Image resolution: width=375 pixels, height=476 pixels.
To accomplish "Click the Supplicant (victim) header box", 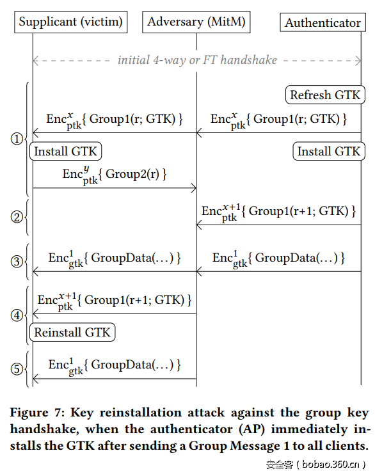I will coord(70,22).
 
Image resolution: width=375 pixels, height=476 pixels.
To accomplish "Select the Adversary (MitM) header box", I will coord(195,22).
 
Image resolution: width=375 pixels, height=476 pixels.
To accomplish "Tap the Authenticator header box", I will coord(323,22).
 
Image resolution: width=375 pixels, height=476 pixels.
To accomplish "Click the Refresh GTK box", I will coord(325,95).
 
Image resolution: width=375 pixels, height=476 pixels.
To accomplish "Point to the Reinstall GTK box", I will coord(72,332).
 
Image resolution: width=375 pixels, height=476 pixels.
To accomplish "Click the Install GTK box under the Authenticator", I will coord(329,152).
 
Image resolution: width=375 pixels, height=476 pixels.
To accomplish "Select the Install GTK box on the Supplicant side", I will coord(66,152).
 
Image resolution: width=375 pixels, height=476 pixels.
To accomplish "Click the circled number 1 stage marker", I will coord(17,139).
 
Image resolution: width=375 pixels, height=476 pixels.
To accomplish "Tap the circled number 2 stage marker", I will coord(17,217).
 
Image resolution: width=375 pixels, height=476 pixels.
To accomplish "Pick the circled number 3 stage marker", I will coord(17,261).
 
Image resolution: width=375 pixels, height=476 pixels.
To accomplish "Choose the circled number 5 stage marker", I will coord(17,369).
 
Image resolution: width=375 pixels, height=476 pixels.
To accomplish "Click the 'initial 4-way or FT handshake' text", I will coord(197,60).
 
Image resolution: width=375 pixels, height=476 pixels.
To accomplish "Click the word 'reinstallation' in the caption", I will coord(143,413).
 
